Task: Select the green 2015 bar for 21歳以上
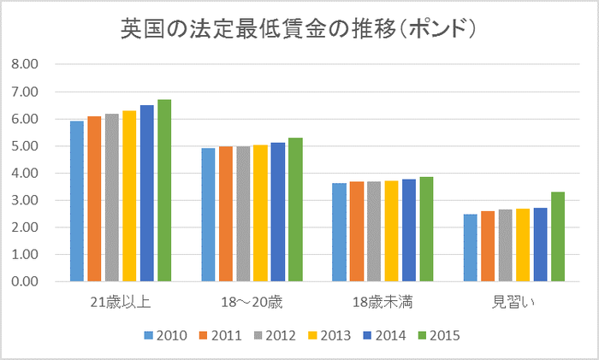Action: [164, 191]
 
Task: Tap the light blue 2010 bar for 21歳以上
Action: [77, 202]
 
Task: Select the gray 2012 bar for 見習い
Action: [505, 245]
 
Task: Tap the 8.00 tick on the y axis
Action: [27, 65]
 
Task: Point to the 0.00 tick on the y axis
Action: [27, 282]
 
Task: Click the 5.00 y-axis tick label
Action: [27, 146]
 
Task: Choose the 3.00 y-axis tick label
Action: [27, 201]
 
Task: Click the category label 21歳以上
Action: [121, 302]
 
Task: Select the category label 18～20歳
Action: [252, 302]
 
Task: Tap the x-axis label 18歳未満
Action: [383, 302]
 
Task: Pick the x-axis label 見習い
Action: [513, 302]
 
